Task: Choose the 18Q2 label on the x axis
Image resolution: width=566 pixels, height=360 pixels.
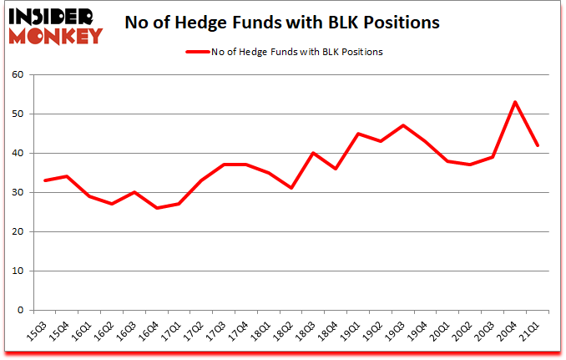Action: [286, 329]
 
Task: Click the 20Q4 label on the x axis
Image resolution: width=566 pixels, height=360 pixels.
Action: [512, 329]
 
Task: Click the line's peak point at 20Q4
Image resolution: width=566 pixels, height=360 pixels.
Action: [515, 102]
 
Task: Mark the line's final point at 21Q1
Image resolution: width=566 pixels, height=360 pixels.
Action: [538, 145]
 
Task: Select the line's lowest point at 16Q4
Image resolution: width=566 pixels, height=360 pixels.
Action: [156, 208]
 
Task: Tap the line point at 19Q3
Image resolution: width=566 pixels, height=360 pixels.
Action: [403, 125]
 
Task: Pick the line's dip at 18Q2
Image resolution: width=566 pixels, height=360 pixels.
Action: [291, 188]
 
